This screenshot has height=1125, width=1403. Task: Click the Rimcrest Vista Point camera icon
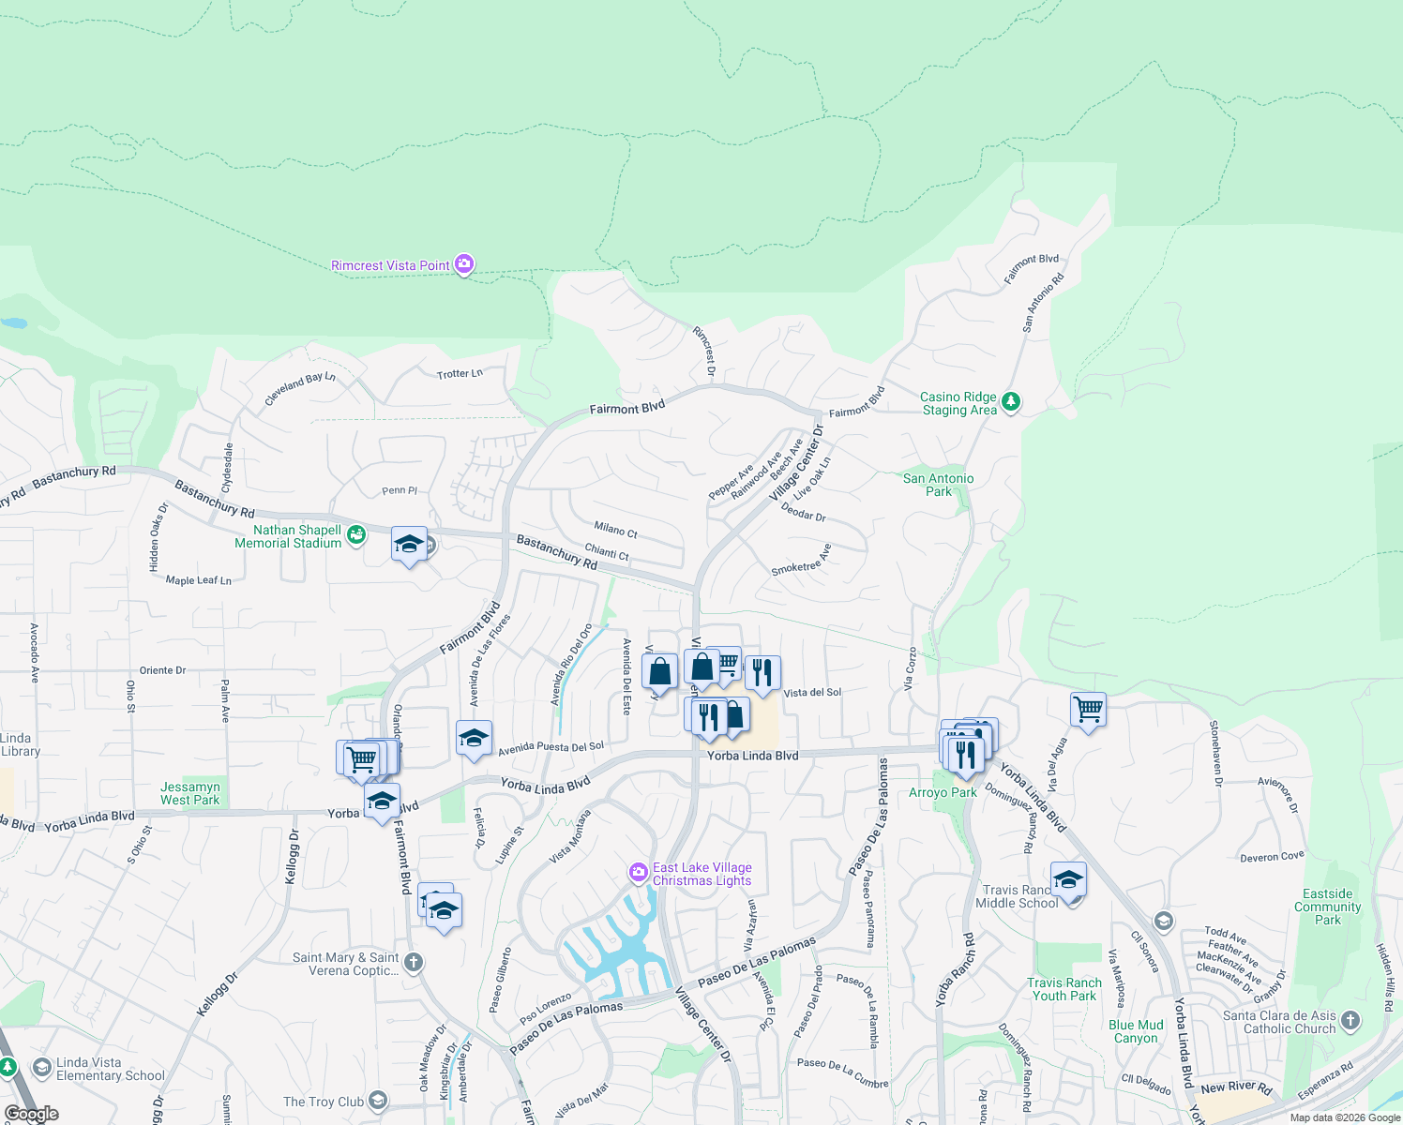point(464,264)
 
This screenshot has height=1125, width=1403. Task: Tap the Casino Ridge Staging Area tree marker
point(1010,402)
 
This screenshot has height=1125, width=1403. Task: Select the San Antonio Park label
point(938,485)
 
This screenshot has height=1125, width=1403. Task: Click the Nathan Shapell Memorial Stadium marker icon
point(355,535)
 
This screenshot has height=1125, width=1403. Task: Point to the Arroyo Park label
point(943,792)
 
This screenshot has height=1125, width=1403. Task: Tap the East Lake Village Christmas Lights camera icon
point(639,873)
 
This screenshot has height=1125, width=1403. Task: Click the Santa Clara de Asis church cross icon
point(1350,1021)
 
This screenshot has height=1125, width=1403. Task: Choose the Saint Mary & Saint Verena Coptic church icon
point(413,963)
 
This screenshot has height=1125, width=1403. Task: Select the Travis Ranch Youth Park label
point(1064,989)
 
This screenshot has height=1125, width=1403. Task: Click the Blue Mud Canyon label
point(1136,1031)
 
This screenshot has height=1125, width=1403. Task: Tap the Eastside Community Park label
point(1327,907)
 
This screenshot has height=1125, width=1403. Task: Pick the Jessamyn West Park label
point(190,793)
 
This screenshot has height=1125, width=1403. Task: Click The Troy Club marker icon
point(377,1101)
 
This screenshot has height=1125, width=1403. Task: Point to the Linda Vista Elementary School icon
point(41,1068)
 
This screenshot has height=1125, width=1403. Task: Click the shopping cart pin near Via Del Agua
point(1088,710)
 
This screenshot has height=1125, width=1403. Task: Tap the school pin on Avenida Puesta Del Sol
point(474,739)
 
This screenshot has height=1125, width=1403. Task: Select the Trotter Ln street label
point(460,373)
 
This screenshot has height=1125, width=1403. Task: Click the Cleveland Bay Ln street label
point(299,388)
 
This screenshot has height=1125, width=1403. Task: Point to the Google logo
point(31,1114)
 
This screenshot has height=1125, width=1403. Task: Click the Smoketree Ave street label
point(801,560)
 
